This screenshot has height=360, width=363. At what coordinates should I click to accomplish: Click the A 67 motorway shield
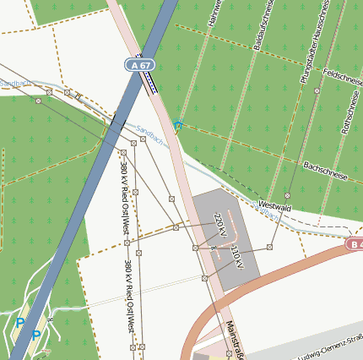click(x=139, y=64)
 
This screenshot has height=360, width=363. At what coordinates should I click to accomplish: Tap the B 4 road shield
click(x=355, y=244)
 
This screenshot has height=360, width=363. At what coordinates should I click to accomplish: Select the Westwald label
click(x=275, y=206)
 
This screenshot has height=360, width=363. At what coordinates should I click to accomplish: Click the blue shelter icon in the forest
click(x=177, y=126)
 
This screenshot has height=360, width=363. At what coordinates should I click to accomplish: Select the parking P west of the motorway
click(x=20, y=322)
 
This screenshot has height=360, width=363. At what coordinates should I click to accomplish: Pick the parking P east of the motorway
click(x=36, y=335)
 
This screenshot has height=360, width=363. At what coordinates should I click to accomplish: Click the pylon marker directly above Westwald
click(x=288, y=194)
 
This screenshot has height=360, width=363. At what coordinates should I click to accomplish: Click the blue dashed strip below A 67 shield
click(x=150, y=81)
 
